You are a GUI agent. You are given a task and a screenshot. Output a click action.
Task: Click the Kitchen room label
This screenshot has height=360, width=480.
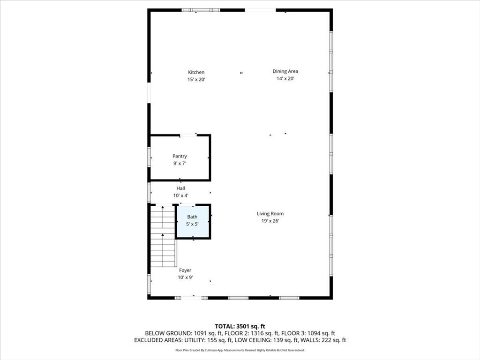196,72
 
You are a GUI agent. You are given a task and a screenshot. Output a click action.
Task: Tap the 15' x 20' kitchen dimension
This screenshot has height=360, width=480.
196,79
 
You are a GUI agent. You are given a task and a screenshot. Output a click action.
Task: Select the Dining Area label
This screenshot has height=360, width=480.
285,71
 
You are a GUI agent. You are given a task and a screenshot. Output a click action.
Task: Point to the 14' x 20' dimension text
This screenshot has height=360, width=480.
285,79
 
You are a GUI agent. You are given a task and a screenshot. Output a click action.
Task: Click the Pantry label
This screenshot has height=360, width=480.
180,156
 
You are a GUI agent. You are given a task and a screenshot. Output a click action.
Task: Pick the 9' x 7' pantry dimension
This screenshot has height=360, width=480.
180,164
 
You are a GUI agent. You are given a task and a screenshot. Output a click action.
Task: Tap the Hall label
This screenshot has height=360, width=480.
180,188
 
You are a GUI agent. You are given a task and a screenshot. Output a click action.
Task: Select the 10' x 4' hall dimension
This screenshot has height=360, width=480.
180,195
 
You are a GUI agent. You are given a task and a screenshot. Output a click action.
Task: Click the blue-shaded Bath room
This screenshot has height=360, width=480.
193,221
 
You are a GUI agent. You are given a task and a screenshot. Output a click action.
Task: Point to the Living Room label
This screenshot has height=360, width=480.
270,214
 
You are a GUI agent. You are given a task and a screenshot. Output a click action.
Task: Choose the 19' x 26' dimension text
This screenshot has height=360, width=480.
270,221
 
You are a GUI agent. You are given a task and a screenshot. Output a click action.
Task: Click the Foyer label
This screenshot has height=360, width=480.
185,270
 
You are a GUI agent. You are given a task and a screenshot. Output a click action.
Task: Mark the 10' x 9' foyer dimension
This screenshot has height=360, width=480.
185,277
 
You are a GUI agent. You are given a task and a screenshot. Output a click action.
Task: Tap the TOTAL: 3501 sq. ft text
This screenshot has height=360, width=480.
240,326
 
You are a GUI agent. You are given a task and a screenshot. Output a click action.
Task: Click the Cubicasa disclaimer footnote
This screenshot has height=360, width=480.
240,350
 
